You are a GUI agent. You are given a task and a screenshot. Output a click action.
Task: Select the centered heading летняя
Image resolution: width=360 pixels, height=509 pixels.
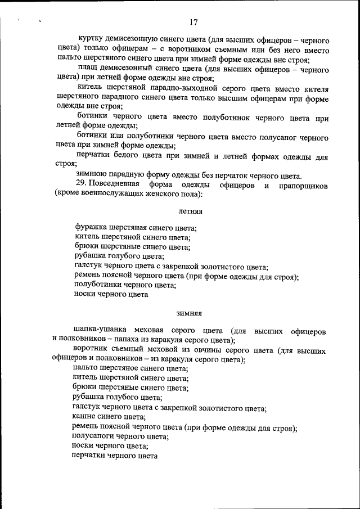coord(191,211)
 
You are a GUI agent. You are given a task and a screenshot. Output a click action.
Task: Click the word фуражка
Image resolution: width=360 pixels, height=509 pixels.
coord(91,228)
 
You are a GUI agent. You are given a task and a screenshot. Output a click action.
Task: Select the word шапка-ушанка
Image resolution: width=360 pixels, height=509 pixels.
coord(97,330)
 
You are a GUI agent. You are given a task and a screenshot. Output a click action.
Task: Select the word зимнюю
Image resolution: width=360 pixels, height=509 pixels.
coord(91,174)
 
